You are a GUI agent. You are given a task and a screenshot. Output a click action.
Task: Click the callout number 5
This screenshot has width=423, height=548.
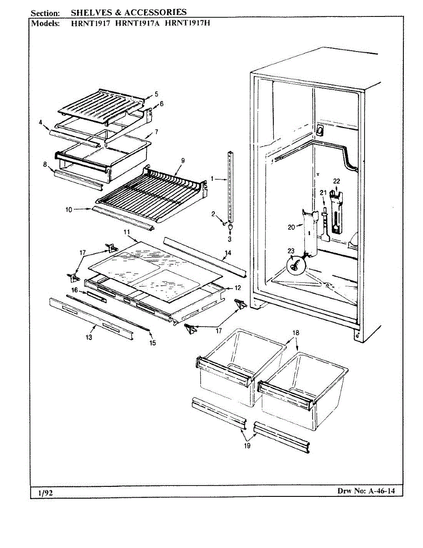pos(157,94)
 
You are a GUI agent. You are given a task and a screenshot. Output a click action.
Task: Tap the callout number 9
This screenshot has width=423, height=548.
pos(183,160)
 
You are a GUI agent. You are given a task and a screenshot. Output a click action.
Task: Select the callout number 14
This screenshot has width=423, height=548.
pos(228,253)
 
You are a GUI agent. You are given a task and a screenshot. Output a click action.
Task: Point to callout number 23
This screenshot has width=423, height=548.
pos(291,250)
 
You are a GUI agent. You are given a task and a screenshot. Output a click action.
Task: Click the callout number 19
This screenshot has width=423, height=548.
pos(247,446)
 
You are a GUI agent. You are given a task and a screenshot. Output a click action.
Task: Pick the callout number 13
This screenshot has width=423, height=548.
pos(89,337)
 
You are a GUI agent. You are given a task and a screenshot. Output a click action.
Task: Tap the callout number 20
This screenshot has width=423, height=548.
pos(291,226)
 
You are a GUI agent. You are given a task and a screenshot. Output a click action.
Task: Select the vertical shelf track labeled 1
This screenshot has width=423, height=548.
pos(231,187)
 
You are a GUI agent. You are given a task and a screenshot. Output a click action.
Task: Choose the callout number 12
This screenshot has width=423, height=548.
pos(237,288)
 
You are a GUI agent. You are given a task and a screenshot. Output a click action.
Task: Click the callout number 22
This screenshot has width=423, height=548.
pos(336,181)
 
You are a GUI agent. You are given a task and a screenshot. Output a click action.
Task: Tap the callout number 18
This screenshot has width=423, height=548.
pos(296,333)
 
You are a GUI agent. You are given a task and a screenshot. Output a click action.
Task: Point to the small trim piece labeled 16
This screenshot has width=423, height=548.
pos(97,297)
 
